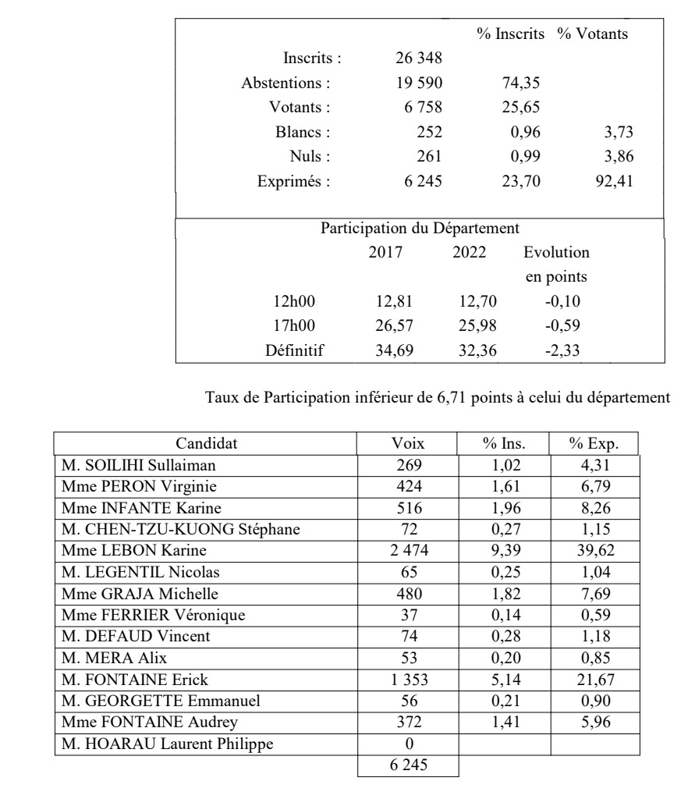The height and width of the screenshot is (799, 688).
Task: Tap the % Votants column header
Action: click(x=593, y=34)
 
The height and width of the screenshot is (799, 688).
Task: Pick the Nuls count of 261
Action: click(x=430, y=158)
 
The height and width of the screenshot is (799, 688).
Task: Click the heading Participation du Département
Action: click(x=420, y=229)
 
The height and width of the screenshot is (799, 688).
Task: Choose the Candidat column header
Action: click(x=206, y=444)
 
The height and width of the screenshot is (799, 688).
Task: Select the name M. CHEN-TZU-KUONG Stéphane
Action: click(x=181, y=530)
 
